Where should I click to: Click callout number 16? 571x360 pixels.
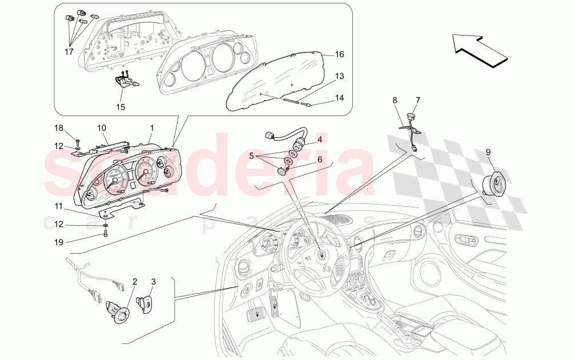point(339,55)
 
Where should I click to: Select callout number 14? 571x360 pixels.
point(339,98)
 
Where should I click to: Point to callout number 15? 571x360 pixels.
point(121,106)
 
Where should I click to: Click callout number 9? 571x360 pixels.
point(488,152)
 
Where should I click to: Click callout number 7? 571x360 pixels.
point(417,101)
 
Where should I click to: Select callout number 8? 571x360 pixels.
point(394,101)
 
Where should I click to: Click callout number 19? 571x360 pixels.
point(59,242)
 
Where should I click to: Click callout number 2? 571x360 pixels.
point(135,281)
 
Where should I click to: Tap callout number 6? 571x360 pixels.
point(320,159)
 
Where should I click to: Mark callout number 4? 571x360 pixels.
point(320,139)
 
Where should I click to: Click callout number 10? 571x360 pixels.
point(101,127)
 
